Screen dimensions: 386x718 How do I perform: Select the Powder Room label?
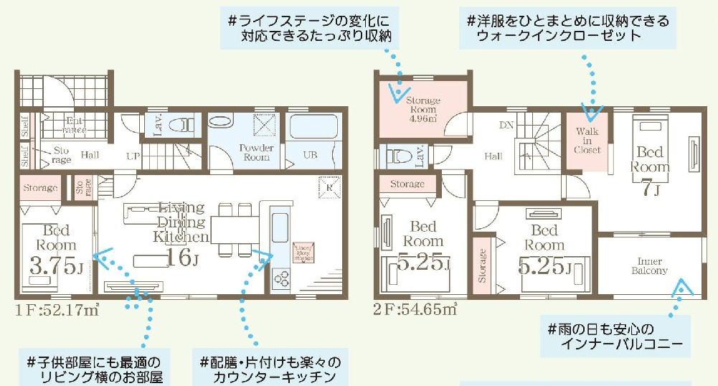(256, 152)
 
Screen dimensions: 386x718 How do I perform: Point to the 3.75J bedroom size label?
(56, 267)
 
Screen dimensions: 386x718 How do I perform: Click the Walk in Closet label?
(587, 141)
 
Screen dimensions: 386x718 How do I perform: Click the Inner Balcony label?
(649, 266)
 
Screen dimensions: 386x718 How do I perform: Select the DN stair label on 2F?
(505, 125)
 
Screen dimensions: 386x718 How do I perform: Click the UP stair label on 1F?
(133, 156)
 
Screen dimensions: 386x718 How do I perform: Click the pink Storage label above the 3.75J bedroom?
(40, 188)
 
